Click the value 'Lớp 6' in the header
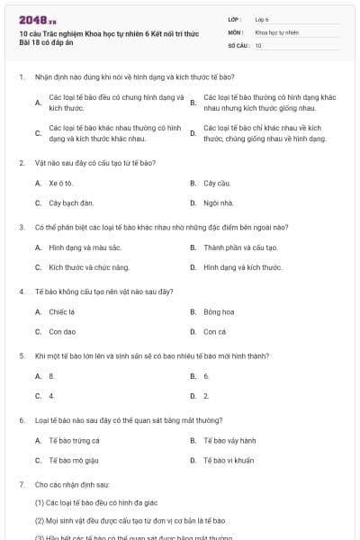pyautogui.click(x=262, y=18)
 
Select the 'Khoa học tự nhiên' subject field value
pyautogui.click(x=276, y=31)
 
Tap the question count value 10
pyautogui.click(x=258, y=45)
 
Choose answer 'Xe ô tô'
pyautogui.click(x=61, y=183)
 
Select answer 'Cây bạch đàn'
pyautogui.click(x=71, y=202)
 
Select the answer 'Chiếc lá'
pyautogui.click(x=62, y=312)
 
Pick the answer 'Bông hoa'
pyautogui.click(x=219, y=312)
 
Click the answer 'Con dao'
pyautogui.click(x=62, y=332)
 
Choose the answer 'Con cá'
pyautogui.click(x=214, y=332)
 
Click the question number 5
pyautogui.click(x=22, y=355)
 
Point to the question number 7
pyautogui.click(x=22, y=484)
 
